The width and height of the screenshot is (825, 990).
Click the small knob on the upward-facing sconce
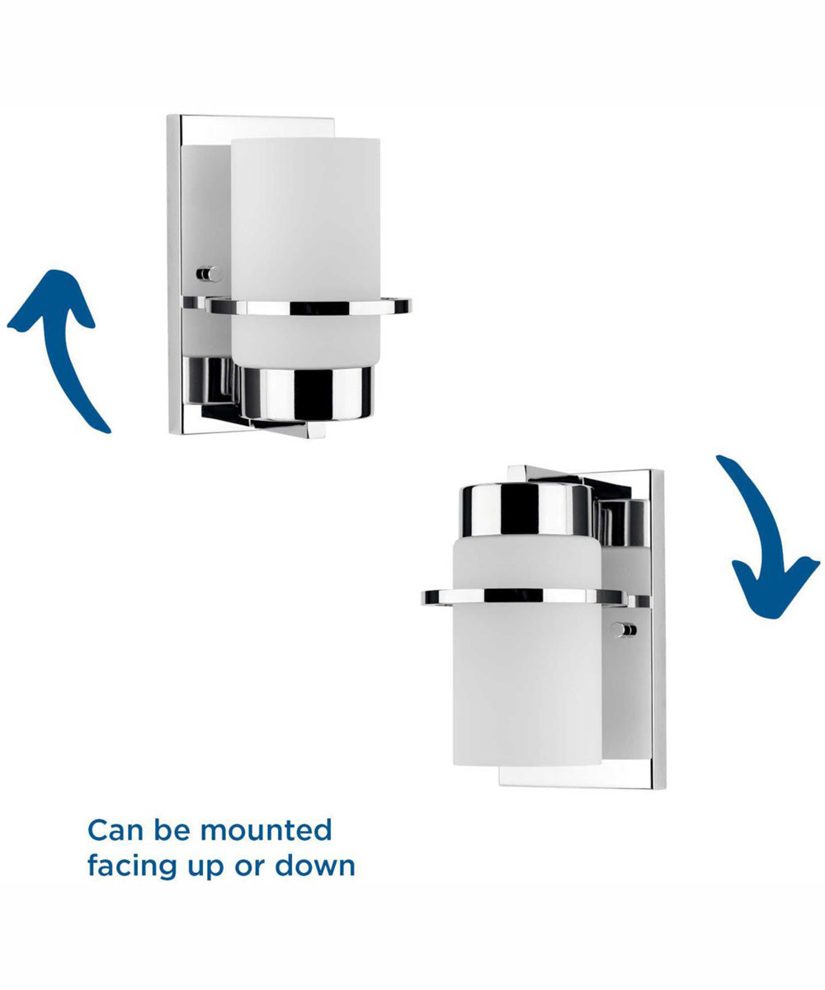(x=209, y=274)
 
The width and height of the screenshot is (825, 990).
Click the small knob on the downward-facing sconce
(x=624, y=629)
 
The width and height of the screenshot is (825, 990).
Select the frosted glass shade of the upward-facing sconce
(x=305, y=252)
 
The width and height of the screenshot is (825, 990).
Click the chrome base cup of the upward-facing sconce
(x=306, y=393)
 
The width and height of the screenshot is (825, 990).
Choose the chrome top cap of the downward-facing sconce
(x=526, y=510)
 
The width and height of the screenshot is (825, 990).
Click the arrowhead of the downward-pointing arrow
(x=776, y=591)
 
